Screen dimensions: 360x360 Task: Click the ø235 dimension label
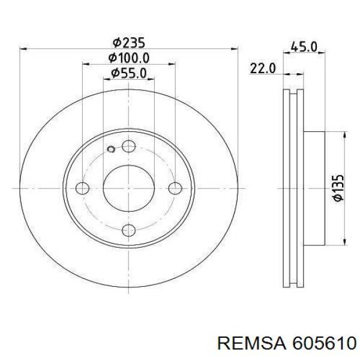click(x=130, y=43)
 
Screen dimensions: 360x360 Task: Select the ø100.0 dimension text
click(x=130, y=58)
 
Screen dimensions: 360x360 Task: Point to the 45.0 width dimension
click(x=304, y=46)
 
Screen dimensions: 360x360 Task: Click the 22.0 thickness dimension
click(x=262, y=68)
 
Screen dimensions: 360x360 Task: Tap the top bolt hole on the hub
click(x=128, y=146)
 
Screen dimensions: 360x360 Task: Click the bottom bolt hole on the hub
click(x=128, y=230)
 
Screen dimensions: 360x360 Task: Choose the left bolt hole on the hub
click(x=83, y=188)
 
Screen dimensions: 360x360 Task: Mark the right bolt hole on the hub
click(x=174, y=188)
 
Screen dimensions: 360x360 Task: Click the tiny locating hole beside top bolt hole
click(x=110, y=150)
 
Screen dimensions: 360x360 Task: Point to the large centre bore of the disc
click(x=128, y=188)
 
